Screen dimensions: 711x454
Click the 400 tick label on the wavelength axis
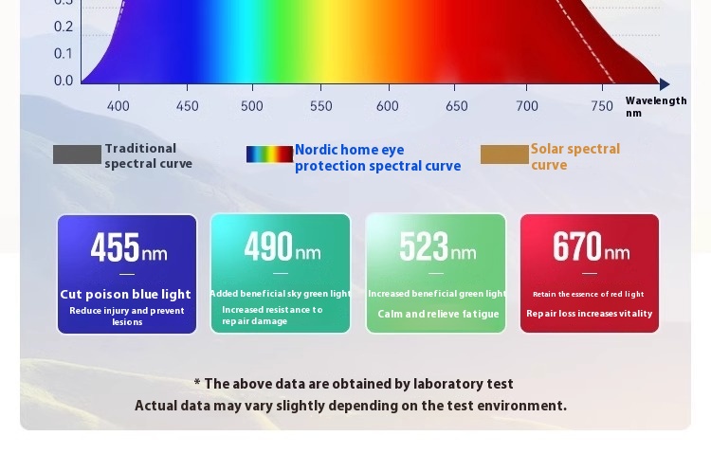(x=118, y=106)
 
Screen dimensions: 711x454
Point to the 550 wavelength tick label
(x=321, y=106)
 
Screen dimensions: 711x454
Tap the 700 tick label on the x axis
(x=527, y=106)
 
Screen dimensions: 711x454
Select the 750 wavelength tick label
(x=602, y=106)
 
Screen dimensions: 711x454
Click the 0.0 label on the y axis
(x=64, y=81)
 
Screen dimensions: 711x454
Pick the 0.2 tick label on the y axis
(x=64, y=27)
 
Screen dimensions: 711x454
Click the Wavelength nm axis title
(x=656, y=107)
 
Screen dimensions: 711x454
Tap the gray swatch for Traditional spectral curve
(x=77, y=154)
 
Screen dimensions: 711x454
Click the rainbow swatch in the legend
(x=269, y=154)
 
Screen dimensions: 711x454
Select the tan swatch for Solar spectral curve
(x=504, y=154)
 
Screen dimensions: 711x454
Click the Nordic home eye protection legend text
(x=377, y=158)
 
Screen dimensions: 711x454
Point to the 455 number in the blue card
(x=115, y=247)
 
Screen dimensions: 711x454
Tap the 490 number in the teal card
(x=268, y=246)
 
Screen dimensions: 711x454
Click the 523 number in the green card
(x=424, y=246)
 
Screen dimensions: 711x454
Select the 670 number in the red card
(x=577, y=246)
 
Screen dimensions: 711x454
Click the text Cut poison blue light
(x=125, y=295)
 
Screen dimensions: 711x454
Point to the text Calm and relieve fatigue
(x=438, y=314)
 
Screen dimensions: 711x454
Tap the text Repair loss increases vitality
(x=589, y=314)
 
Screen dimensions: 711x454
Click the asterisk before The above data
(x=197, y=382)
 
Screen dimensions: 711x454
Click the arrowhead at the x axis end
(x=665, y=84)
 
